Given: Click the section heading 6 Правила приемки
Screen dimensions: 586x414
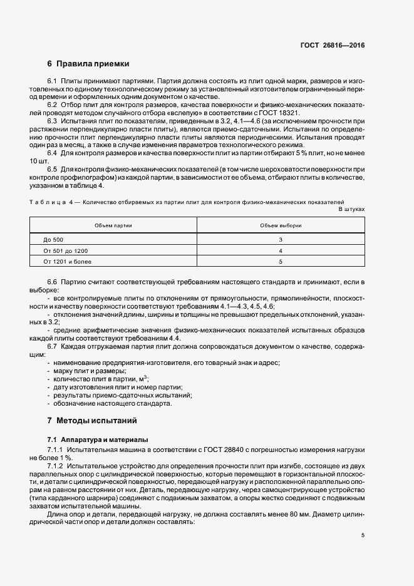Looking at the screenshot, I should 88,64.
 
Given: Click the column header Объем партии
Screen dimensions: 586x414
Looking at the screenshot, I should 113,225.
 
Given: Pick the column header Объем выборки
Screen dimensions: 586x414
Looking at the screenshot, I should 281,225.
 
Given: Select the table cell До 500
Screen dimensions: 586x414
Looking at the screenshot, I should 54,240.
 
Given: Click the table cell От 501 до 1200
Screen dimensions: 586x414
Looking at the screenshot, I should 66,250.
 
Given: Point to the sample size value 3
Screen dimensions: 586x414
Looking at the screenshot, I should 281,240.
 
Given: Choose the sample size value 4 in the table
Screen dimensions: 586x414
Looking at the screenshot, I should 281,250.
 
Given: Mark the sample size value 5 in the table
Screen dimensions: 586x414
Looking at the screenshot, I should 281,261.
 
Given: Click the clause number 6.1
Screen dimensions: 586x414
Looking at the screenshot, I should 53,81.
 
